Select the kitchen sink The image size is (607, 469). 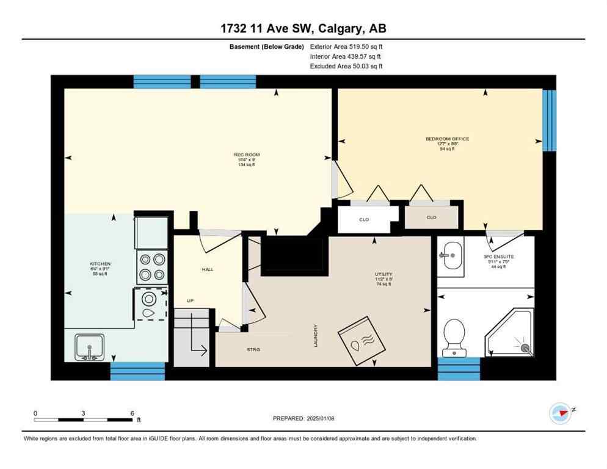click(x=89, y=347)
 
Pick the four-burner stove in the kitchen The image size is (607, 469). click(x=151, y=267)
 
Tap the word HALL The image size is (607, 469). click(x=208, y=269)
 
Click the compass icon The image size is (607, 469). click(x=559, y=413)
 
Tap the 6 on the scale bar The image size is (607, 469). click(x=132, y=413)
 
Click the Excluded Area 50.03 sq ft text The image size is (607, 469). click(x=346, y=66)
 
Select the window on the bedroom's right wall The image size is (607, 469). click(x=550, y=120)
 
